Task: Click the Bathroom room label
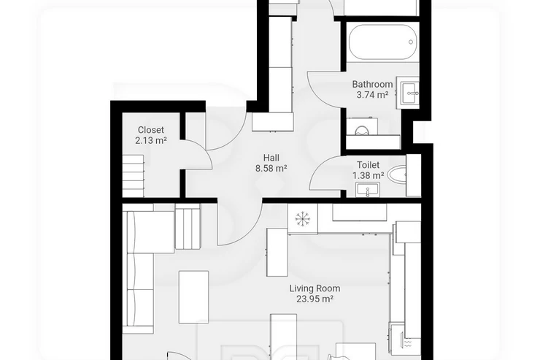[x=372, y=84]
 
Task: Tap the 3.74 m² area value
[x=372, y=95]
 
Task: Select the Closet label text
[x=151, y=130]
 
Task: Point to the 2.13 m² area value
[x=151, y=140]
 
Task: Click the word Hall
[x=271, y=158]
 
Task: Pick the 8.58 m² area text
[x=271, y=169]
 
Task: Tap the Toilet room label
[x=369, y=165]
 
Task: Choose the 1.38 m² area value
[x=369, y=176]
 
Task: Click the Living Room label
[x=315, y=288]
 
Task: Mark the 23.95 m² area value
[x=315, y=299]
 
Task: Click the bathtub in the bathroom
[x=382, y=42]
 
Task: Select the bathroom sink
[x=409, y=93]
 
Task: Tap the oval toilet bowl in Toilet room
[x=396, y=175]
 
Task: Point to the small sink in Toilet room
[x=368, y=190]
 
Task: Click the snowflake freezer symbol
[x=303, y=218]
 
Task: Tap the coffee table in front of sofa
[x=193, y=297]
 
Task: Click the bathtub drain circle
[x=411, y=42]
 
